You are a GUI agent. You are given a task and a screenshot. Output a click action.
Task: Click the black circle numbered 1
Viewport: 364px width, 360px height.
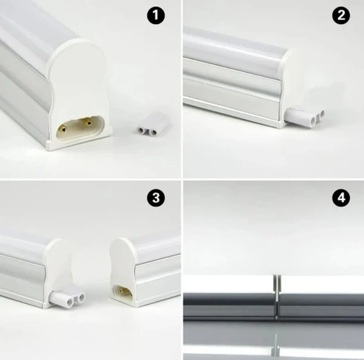point(156,15)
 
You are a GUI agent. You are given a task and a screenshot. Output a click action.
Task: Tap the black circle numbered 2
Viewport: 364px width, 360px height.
point(341,15)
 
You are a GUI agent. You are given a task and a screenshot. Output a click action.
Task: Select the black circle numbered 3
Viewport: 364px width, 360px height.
point(156,198)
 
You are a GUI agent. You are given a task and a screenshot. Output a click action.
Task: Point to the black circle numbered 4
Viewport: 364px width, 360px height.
point(341,198)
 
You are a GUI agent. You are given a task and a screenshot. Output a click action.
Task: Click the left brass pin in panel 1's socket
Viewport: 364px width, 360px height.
point(63,128)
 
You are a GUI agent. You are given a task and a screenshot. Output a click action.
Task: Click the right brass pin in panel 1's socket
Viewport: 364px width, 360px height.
point(87,121)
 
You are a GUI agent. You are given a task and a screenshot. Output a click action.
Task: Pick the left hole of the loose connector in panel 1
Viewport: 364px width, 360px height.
point(141,130)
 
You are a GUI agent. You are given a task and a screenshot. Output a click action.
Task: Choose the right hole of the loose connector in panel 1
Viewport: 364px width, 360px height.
point(152,132)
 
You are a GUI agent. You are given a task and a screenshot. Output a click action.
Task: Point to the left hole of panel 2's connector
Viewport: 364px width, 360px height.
point(314,121)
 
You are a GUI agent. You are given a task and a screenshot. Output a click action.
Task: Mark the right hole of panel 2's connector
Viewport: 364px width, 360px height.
point(322,114)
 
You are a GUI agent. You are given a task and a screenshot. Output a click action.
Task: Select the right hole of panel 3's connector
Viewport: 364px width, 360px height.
point(81,297)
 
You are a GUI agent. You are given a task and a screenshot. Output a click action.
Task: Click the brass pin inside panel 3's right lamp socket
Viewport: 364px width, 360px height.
point(121,290)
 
